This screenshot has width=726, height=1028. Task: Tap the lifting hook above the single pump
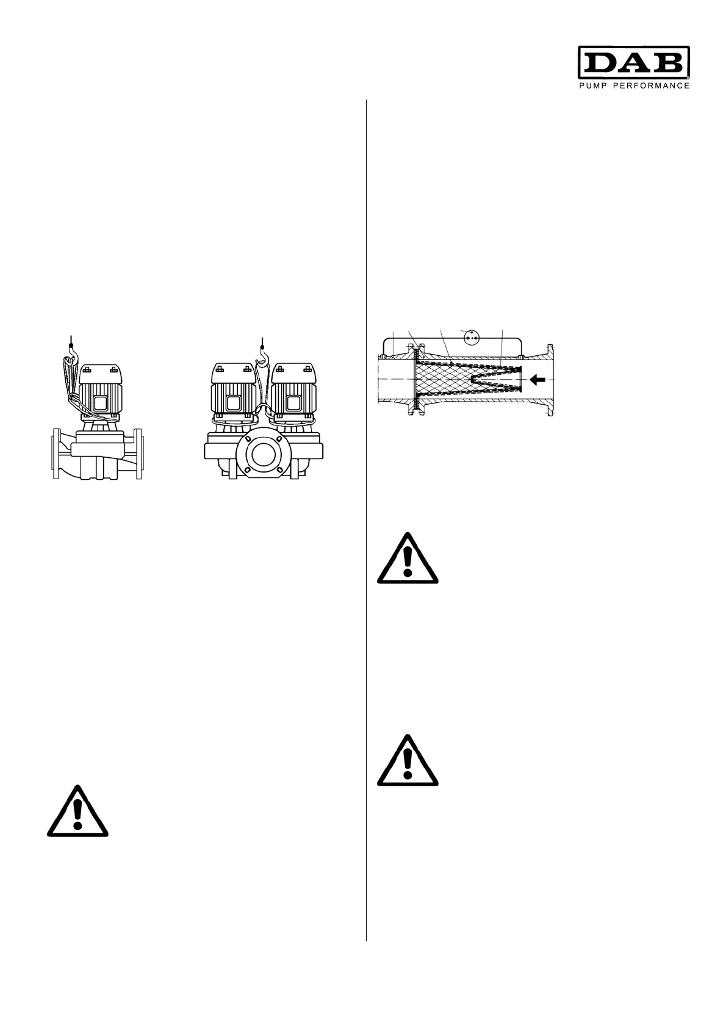[72, 346]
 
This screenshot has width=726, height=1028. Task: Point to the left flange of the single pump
[53, 454]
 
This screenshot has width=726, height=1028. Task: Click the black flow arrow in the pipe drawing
[537, 380]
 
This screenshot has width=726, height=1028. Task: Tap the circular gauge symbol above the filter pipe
[470, 335]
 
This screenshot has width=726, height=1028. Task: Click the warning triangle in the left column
[77, 813]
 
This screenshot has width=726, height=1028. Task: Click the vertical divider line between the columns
[366, 519]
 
